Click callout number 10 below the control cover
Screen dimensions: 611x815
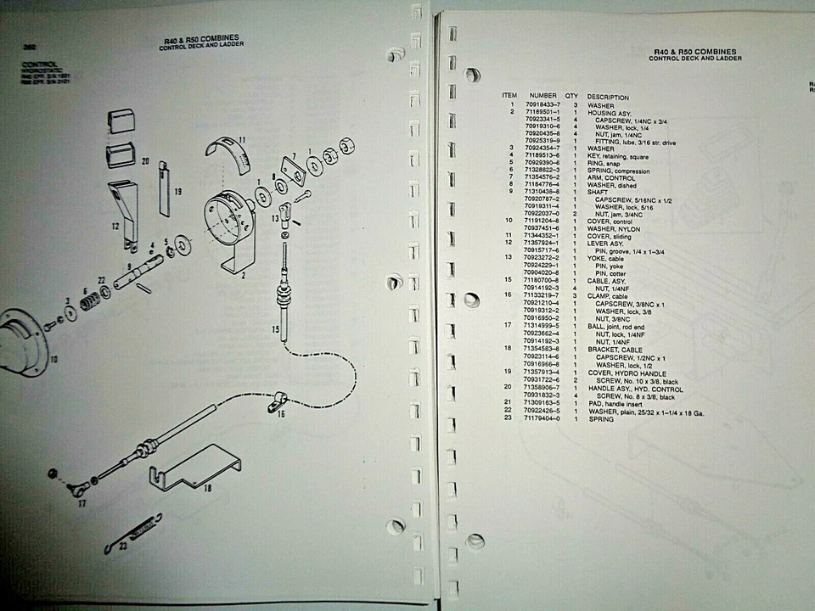point(52,359)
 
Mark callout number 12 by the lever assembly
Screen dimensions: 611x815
point(115,227)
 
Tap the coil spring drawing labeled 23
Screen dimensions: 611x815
point(140,533)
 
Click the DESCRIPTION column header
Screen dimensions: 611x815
point(608,97)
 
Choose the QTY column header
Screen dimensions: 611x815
point(571,97)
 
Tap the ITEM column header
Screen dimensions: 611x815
point(509,96)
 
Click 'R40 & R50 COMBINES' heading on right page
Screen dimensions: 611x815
point(695,52)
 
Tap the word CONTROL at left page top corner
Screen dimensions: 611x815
point(40,64)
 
